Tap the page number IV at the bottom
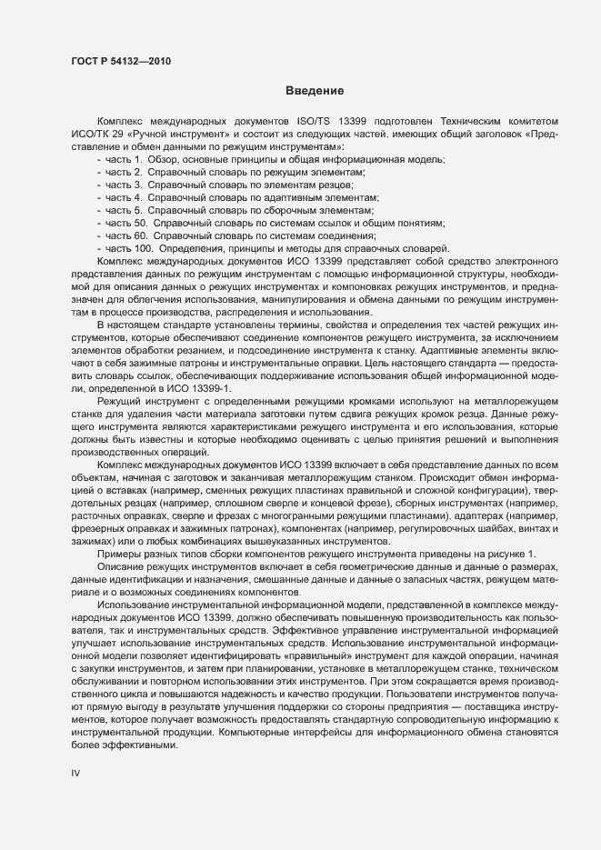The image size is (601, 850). [x=75, y=773]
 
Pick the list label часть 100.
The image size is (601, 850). [x=128, y=248]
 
